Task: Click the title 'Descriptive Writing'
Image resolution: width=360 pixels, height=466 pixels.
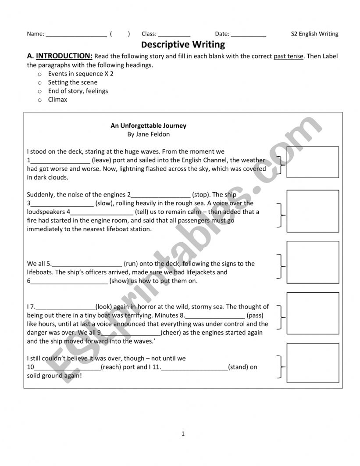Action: [x=183, y=44]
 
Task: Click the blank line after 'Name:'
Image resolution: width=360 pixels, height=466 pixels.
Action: [x=76, y=35]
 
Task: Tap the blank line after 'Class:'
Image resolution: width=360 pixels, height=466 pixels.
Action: [x=174, y=35]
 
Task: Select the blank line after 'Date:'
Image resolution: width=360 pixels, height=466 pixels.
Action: [x=248, y=35]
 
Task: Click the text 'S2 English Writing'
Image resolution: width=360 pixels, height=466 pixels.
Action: [x=315, y=34]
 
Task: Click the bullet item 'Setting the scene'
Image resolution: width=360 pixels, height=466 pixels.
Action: [x=73, y=82]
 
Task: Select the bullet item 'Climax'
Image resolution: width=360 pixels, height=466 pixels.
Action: [x=58, y=100]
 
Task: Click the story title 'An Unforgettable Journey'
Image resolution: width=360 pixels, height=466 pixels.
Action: [x=148, y=125]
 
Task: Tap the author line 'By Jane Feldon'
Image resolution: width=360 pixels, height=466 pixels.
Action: [x=148, y=134]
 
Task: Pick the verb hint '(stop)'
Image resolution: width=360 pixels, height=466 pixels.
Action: [x=202, y=194]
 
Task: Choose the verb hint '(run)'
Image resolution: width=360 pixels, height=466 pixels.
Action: [x=131, y=264]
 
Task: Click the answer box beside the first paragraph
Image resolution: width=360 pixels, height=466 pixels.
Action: [x=312, y=162]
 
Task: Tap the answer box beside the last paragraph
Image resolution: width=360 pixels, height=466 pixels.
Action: [x=312, y=363]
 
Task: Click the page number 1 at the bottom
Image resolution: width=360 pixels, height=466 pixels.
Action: [x=183, y=434]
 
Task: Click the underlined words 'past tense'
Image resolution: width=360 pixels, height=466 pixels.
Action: [x=288, y=56]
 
